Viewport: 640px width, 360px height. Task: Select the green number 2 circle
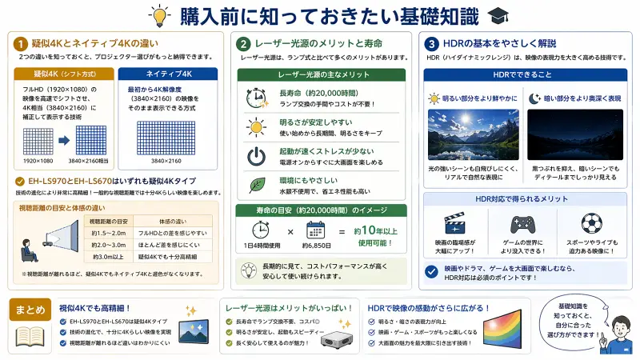[244, 43]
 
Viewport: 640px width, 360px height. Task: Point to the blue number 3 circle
[432, 43]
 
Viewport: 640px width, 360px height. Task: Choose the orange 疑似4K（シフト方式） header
[65, 74]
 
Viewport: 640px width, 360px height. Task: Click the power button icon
[257, 155]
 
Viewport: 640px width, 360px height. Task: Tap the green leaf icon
[257, 185]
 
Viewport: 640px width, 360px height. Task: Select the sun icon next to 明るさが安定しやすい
[257, 126]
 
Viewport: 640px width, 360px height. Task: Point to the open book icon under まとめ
[29, 336]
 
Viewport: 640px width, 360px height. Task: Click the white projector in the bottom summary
[336, 338]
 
